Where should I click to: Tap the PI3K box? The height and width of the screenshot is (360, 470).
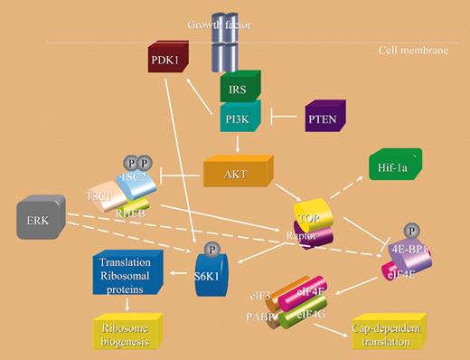(237, 117)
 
